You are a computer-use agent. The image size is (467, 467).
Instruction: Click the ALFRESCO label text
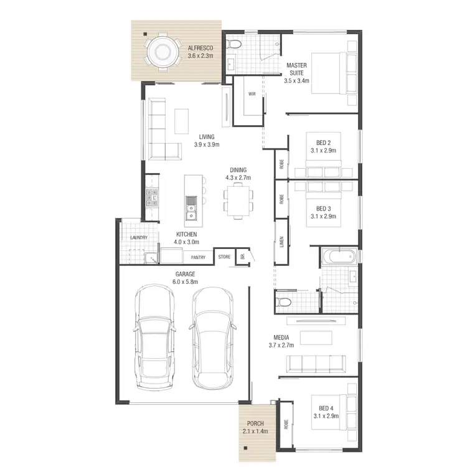click(x=200, y=48)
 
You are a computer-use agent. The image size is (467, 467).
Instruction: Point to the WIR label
click(x=252, y=94)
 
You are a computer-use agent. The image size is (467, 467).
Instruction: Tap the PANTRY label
click(x=198, y=257)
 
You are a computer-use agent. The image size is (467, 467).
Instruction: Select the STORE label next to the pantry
click(x=224, y=257)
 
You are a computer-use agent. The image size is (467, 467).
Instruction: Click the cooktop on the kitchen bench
click(x=151, y=199)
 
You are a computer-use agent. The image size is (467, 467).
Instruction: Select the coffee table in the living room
click(x=182, y=120)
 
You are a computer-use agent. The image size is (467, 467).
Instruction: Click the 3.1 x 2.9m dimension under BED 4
click(x=326, y=416)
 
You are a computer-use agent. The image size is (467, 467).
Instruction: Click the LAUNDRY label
click(x=138, y=238)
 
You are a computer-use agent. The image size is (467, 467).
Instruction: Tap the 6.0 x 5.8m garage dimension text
click(x=185, y=282)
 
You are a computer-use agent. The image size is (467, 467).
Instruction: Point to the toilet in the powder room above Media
click(x=283, y=301)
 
